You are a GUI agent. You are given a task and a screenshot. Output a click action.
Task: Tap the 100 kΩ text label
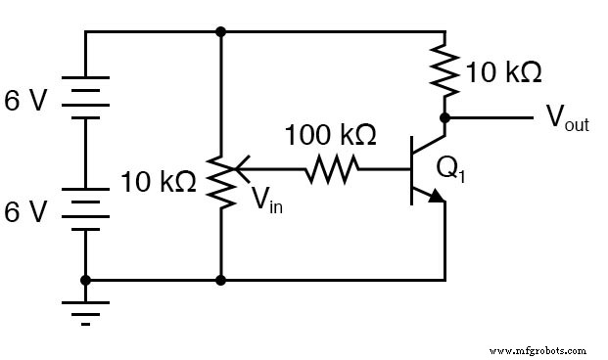[330, 133]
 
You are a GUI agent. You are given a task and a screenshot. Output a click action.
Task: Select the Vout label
[567, 119]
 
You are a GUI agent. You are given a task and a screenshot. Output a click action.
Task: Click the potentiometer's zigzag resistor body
[222, 180]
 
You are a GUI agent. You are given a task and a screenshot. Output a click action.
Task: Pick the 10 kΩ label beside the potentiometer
[158, 181]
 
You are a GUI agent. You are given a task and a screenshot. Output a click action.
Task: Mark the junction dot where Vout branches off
[444, 118]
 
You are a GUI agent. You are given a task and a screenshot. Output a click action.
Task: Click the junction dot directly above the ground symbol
[86, 280]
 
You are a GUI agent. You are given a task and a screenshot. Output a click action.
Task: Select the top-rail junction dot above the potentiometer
[222, 31]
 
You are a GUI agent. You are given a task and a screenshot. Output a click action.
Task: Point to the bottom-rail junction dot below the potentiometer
[222, 280]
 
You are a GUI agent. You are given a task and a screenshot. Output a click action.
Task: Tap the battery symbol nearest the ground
[86, 209]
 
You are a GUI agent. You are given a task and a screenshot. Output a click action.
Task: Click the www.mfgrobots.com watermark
[537, 349]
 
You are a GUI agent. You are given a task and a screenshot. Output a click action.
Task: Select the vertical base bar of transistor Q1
[411, 172]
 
